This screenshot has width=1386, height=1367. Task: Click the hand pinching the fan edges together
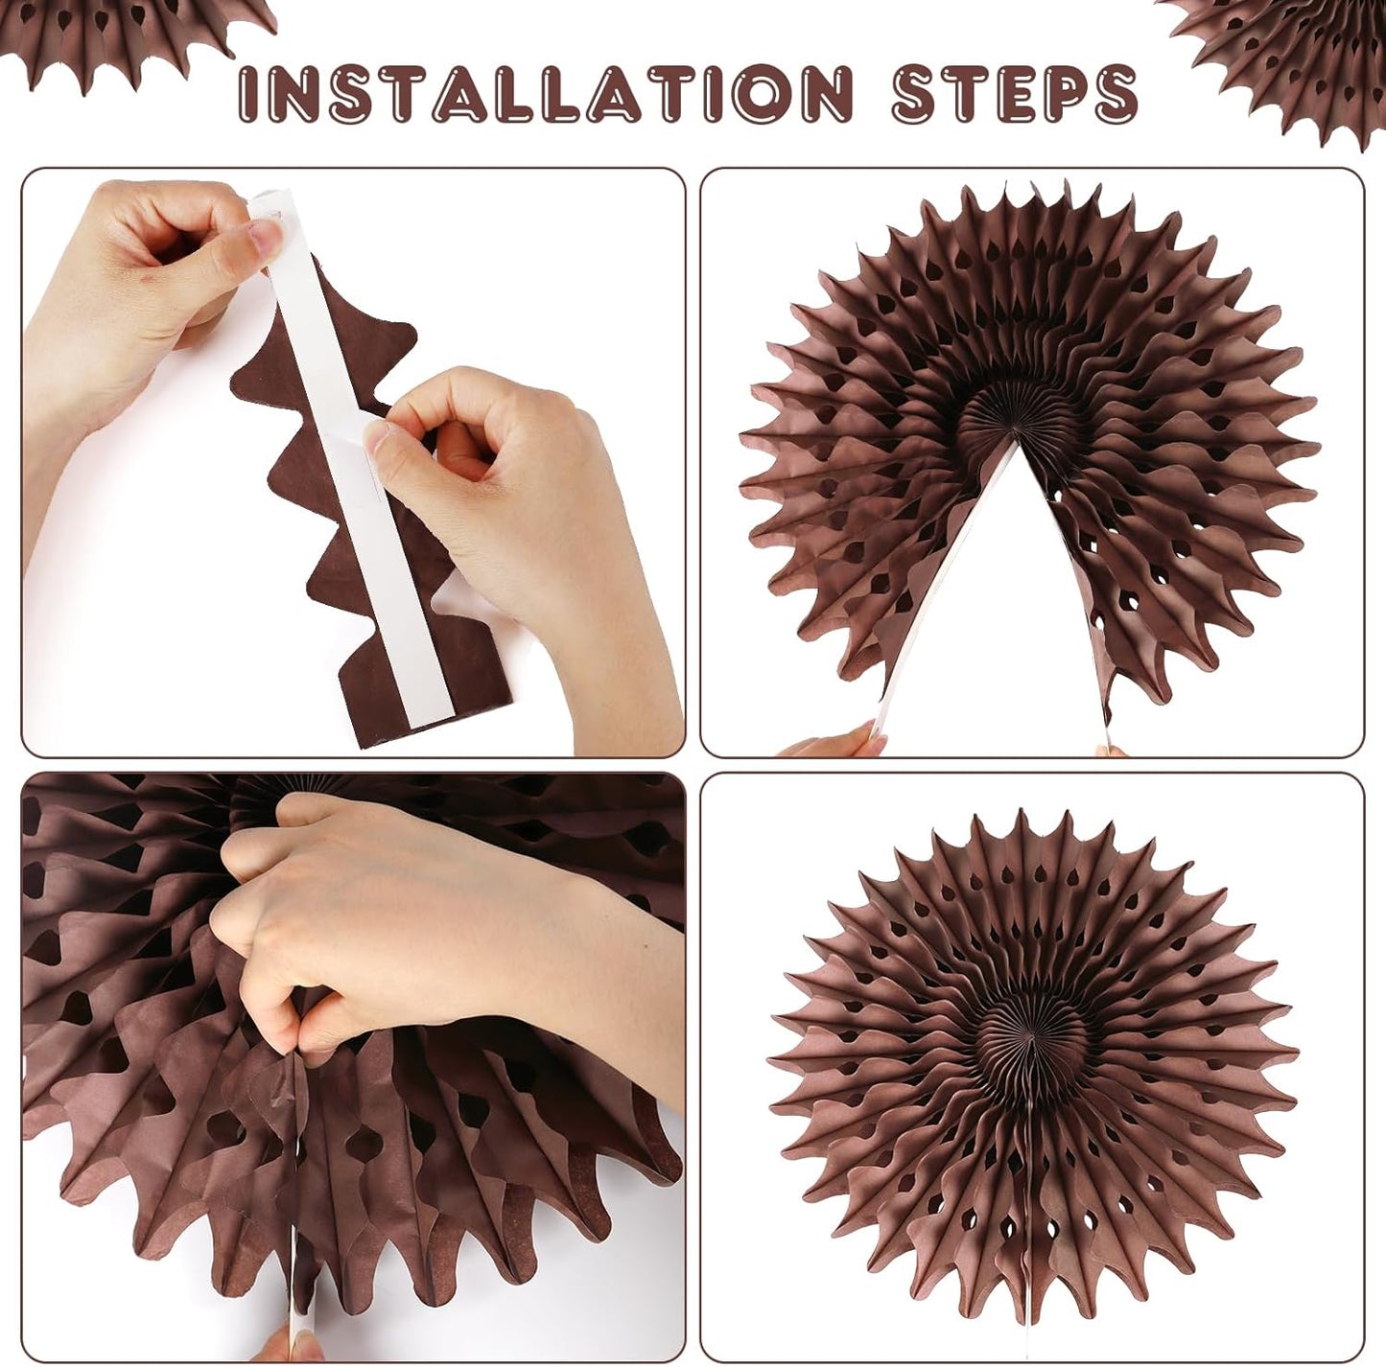[x=403, y=939]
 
